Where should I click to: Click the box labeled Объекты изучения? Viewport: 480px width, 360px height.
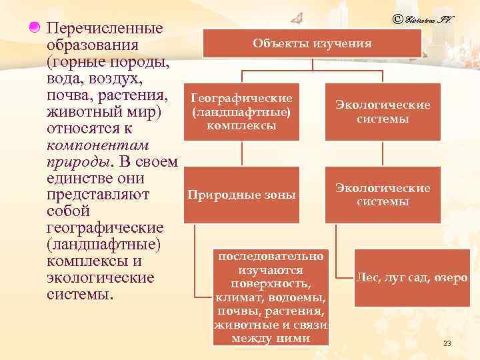(312, 43)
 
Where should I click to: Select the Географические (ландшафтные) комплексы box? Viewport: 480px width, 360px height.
(241, 111)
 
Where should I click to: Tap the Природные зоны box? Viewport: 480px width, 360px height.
(241, 195)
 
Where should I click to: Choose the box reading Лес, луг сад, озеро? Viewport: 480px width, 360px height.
(412, 277)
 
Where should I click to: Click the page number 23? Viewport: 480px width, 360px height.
(447, 343)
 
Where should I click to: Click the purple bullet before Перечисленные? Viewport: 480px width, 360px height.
(34, 27)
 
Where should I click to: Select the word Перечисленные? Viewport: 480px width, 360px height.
(106, 29)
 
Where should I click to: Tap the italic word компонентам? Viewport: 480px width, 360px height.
(97, 145)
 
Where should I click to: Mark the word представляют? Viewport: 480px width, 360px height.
(99, 195)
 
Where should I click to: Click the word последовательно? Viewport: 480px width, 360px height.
(270, 256)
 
